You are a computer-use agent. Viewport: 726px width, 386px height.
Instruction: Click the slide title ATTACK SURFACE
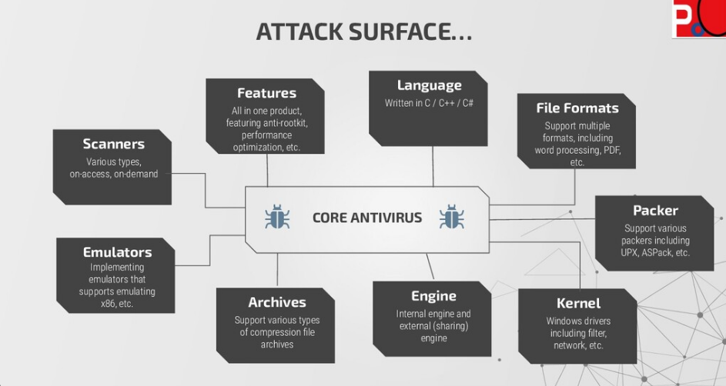tap(363, 32)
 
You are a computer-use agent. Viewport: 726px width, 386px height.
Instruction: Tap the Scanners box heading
tap(113, 144)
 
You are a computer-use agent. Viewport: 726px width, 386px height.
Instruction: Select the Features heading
tap(266, 93)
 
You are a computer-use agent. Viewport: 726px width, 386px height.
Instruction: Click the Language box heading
tap(429, 85)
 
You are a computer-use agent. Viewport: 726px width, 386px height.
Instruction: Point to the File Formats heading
tap(577, 108)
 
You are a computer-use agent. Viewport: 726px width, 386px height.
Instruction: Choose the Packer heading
tap(655, 210)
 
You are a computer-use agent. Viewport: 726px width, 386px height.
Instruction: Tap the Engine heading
tap(433, 296)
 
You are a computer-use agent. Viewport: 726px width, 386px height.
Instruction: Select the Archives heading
tap(276, 302)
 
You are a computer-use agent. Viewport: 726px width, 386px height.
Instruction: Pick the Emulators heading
tap(117, 251)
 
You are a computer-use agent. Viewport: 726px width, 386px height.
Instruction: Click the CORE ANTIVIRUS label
tap(367, 218)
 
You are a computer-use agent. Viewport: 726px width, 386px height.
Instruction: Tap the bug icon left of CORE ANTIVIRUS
tap(277, 218)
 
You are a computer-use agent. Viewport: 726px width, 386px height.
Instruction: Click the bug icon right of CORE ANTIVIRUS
tap(451, 218)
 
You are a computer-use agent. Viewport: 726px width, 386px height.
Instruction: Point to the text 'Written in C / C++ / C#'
tap(429, 103)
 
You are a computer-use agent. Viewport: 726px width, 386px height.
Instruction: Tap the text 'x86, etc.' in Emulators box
tap(117, 304)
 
